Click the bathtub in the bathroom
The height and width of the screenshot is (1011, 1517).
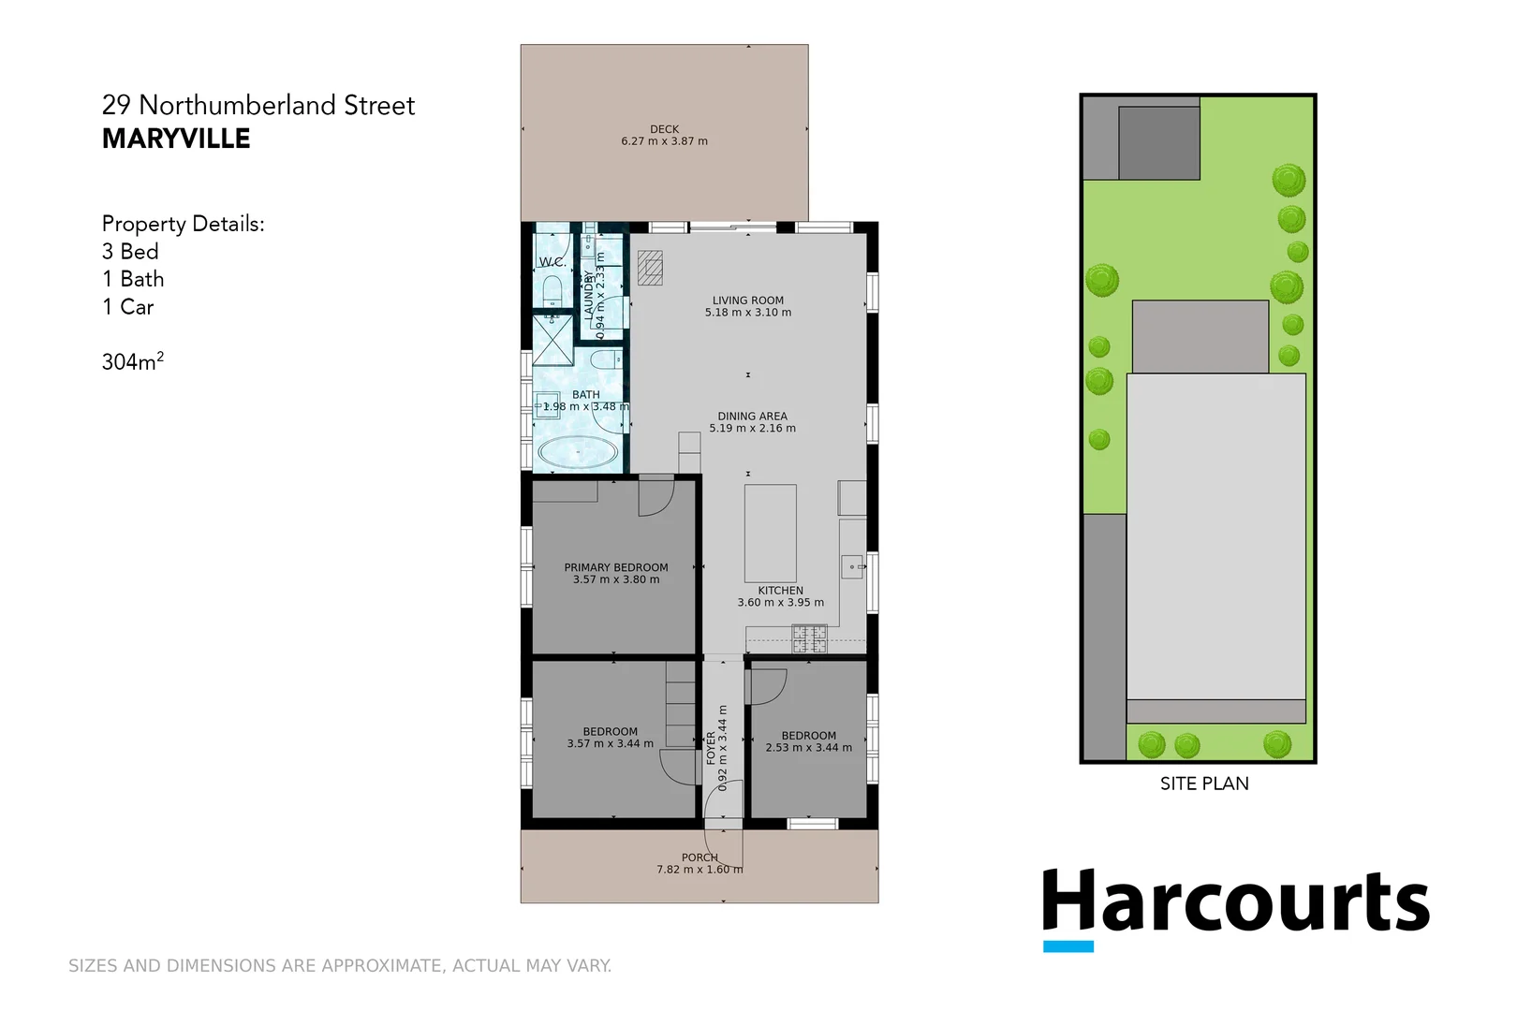pos(578,453)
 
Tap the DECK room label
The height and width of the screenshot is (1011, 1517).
pos(664,129)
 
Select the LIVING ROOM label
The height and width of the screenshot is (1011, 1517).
pos(747,300)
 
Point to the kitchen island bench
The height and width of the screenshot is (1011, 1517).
pos(770,533)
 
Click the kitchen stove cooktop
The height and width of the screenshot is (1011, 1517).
pos(809,638)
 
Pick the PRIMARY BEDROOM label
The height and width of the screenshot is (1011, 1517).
pos(615,567)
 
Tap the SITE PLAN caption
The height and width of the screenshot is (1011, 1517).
pos(1204,784)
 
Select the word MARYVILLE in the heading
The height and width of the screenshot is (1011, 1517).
pos(176,139)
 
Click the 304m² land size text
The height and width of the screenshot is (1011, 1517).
pos(132,361)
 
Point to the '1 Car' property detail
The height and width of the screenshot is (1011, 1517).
pos(127,307)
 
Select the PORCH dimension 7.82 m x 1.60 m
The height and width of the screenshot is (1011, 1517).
pos(700,870)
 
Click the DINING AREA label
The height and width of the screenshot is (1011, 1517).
pos(752,417)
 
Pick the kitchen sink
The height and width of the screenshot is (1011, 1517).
pos(852,566)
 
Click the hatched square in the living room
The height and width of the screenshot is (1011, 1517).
pos(650,269)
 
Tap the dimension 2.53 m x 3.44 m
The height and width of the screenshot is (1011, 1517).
pos(808,748)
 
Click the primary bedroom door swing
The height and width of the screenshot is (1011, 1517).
pos(655,496)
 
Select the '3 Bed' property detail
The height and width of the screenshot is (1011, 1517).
pos(130,252)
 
